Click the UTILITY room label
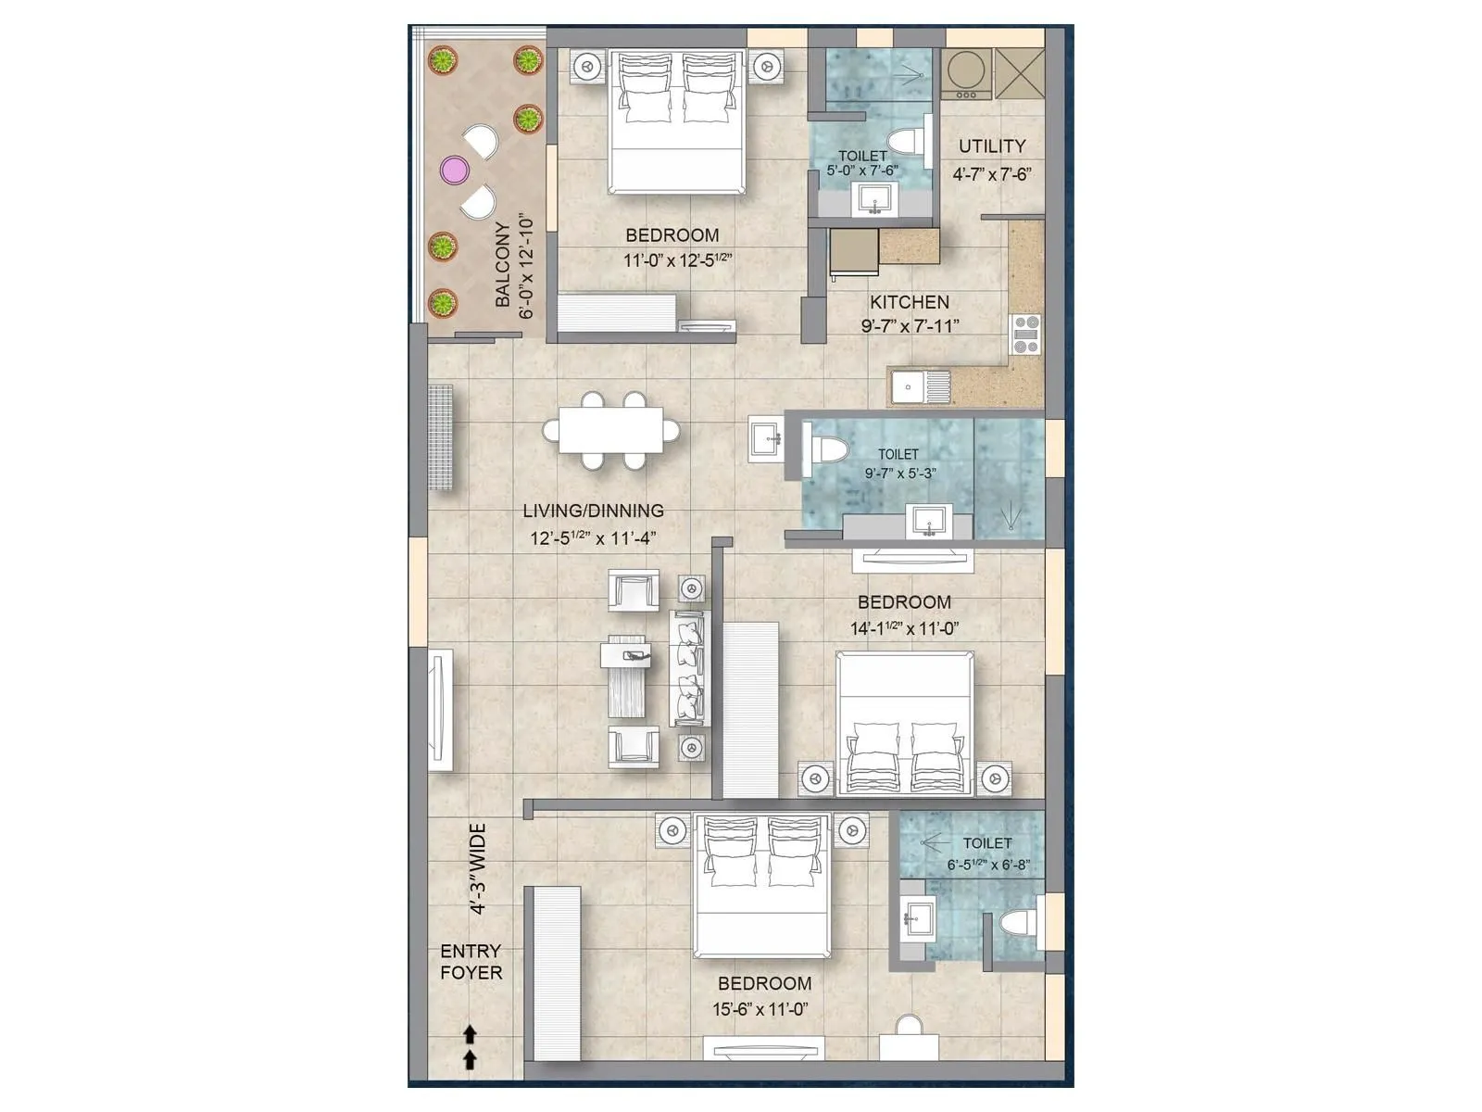click(x=992, y=146)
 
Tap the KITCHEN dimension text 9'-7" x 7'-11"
click(x=910, y=326)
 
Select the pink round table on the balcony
click(x=454, y=170)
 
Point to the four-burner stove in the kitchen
click(x=1025, y=335)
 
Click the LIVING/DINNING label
click(x=593, y=511)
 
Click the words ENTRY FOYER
click(x=471, y=962)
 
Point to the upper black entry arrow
click(x=470, y=1034)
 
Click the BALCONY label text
click(x=503, y=264)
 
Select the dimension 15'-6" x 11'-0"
click(x=760, y=1009)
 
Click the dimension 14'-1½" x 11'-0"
click(x=904, y=628)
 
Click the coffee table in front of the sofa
click(x=628, y=676)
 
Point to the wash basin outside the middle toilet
click(x=764, y=437)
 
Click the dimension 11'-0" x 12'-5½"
click(x=677, y=260)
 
